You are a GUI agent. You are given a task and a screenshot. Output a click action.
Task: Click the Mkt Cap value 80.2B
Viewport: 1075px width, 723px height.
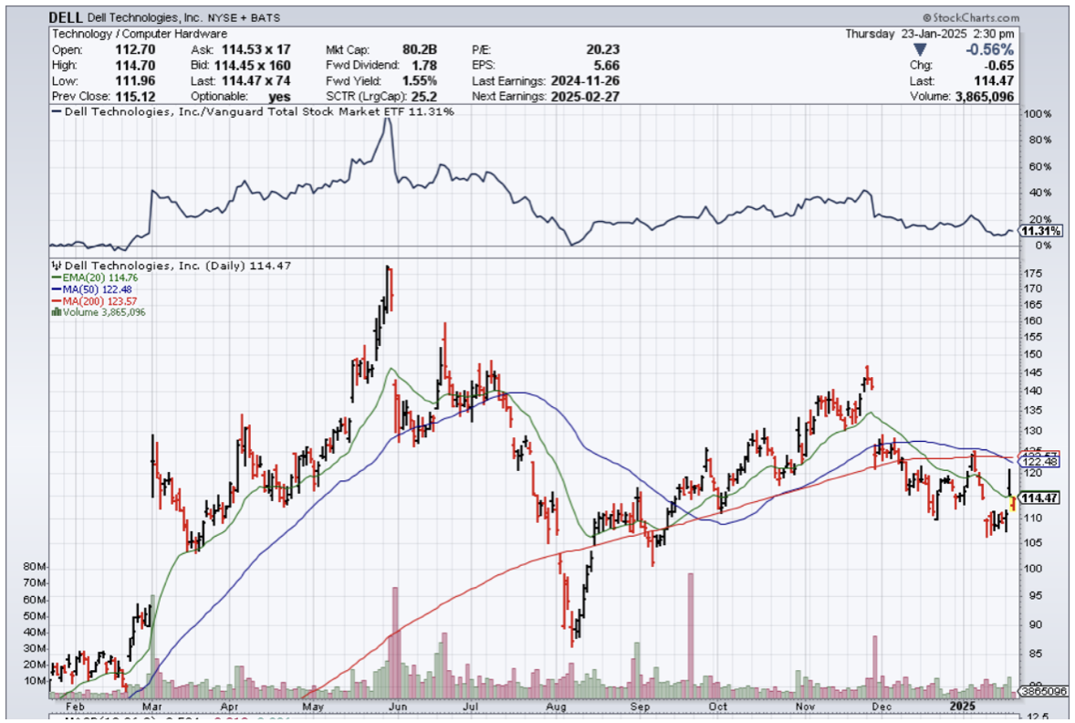tap(419, 49)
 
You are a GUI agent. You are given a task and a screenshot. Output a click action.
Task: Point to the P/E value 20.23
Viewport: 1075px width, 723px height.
tap(602, 49)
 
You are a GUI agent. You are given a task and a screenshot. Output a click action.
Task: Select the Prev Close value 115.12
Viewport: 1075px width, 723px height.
tap(130, 96)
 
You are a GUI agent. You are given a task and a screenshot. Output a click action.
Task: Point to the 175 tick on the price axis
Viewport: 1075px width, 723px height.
tap(1033, 274)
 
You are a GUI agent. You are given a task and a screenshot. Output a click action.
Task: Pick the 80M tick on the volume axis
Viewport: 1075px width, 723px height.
tap(35, 567)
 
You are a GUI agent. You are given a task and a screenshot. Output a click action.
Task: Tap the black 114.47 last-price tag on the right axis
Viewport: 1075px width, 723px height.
tap(1038, 498)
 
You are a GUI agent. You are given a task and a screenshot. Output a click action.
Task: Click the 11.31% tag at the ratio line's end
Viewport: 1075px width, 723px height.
tap(1040, 232)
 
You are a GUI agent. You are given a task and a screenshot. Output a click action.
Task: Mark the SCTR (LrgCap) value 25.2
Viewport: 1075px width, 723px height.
tap(424, 96)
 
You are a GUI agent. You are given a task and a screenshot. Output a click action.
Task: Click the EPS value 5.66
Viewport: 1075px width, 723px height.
tap(606, 65)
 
